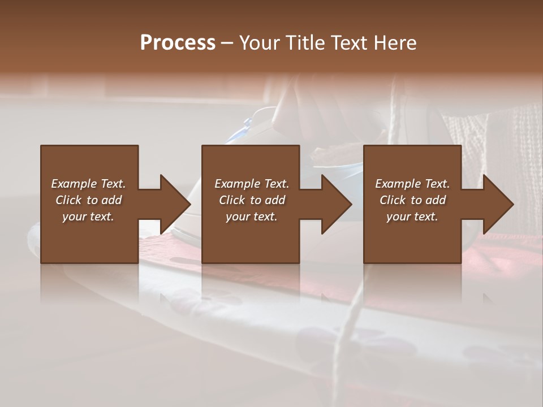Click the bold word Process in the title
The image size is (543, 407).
178,42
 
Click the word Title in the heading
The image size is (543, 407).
304,42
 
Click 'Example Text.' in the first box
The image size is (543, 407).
88,184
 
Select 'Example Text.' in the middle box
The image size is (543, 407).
252,184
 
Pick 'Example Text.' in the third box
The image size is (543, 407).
412,184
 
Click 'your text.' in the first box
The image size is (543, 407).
88,217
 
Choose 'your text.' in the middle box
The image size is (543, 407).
252,217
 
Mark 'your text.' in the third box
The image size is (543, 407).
412,217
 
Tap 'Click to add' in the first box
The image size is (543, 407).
88,200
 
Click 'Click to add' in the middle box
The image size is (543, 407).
252,200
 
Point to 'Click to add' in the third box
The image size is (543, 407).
412,200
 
